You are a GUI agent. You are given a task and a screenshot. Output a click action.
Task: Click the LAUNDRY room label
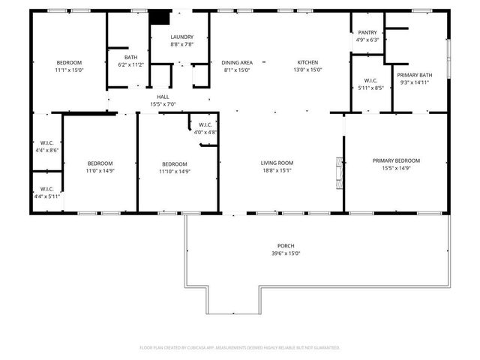point(181,37)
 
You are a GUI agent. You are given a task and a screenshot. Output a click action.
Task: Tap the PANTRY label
point(367,32)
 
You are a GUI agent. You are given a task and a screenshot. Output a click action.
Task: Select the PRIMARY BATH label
point(414,75)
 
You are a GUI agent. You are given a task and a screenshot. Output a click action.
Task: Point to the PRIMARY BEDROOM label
point(397,160)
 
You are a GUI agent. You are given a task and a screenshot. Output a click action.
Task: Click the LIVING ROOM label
point(277,163)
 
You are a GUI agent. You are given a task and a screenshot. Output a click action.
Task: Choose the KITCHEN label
point(307,62)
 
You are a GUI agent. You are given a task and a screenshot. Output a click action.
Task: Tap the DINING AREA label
point(236,62)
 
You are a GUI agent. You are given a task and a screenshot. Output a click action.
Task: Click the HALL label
point(163,97)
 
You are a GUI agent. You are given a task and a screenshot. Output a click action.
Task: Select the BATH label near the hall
point(130,58)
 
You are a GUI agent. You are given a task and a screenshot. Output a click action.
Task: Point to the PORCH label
point(285,246)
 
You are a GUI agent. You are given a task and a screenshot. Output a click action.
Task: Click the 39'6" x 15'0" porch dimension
point(285,253)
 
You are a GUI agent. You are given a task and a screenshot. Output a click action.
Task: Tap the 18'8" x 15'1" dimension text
point(277,170)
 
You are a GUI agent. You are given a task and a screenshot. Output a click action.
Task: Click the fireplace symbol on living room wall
point(340,170)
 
